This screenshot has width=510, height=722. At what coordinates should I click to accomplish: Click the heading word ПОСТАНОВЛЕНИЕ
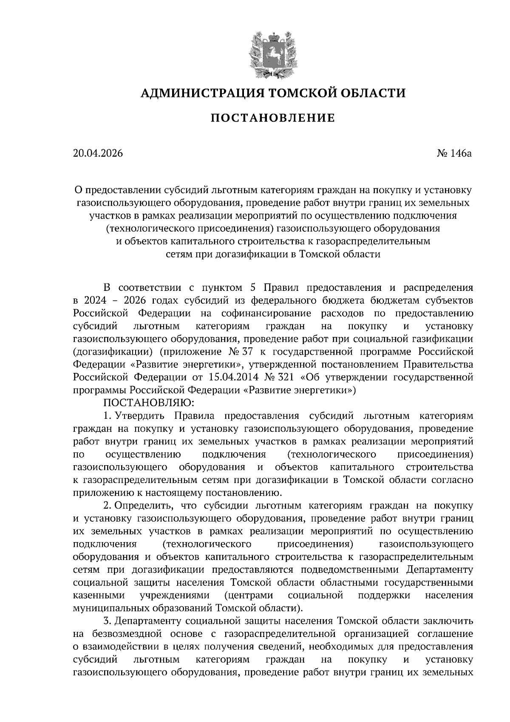(x=273, y=118)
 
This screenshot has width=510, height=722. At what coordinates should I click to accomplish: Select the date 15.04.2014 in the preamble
(x=234, y=377)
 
